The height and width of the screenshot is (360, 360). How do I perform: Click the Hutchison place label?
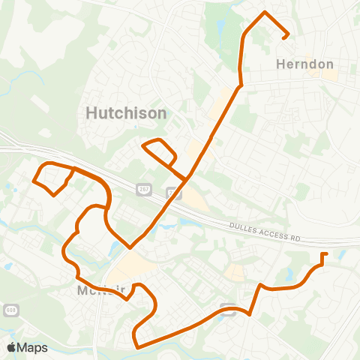126,112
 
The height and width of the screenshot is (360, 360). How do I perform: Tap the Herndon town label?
304,64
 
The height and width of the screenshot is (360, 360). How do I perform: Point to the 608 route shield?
9,288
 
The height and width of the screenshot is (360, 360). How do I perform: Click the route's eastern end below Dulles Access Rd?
324,255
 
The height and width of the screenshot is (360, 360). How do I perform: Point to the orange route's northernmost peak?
264,13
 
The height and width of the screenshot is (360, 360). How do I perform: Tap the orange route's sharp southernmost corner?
136,346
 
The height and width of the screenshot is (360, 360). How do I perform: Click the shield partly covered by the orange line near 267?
173,193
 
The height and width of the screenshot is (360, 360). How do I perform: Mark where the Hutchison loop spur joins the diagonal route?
186,178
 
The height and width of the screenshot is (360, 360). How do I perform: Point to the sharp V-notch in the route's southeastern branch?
250,314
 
